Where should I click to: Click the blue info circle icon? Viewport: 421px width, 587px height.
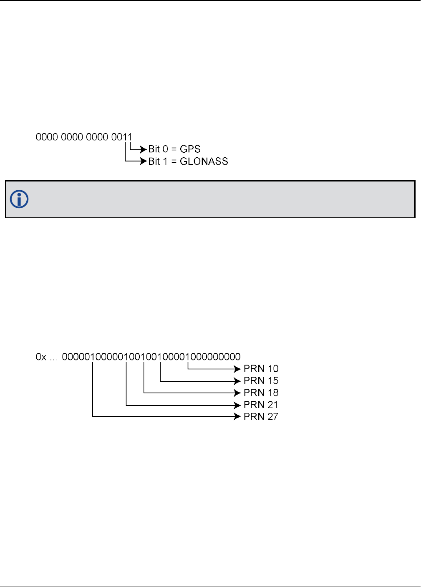(x=19, y=199)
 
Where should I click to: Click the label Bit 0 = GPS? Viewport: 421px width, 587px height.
(x=174, y=149)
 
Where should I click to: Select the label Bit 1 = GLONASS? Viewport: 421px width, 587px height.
(x=188, y=161)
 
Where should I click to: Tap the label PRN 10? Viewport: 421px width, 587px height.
(x=261, y=369)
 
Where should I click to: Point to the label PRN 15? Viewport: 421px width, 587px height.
(x=261, y=381)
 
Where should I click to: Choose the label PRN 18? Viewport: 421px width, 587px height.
(x=261, y=393)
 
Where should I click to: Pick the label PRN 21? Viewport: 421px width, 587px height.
(x=261, y=405)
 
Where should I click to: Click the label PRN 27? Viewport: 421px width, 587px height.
(x=261, y=417)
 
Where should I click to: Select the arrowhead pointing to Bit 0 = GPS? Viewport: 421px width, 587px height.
(x=144, y=149)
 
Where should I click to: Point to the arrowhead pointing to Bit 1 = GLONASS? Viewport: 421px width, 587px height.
(x=144, y=161)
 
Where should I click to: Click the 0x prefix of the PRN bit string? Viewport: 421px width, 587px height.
(x=41, y=357)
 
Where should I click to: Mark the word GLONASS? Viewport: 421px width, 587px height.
(x=204, y=161)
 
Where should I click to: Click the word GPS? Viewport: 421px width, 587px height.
(x=190, y=149)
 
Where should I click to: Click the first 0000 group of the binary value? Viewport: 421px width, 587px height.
(x=47, y=137)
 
